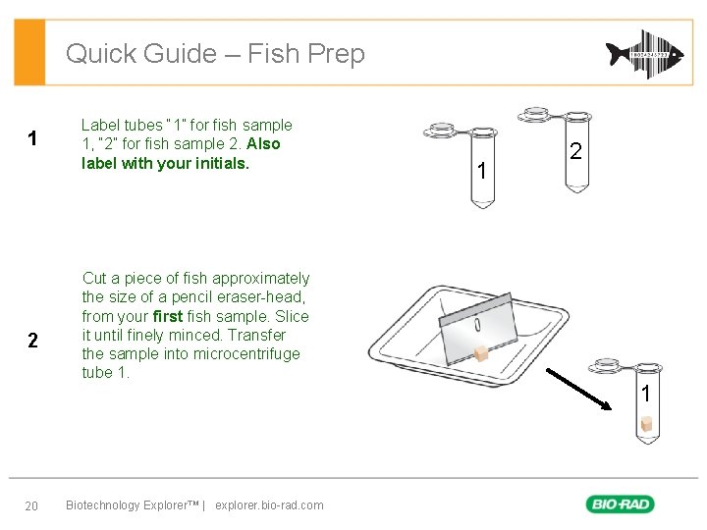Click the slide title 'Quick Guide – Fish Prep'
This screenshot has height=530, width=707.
coord(215,53)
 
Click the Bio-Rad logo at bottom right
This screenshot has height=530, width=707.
coord(620,504)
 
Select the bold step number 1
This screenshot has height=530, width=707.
coord(32,139)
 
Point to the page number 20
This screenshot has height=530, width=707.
coord(30,505)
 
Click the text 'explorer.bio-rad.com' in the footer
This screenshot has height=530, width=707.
coord(269,505)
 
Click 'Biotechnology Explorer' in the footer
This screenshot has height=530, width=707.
coord(131,505)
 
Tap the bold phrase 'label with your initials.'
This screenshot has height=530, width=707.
coord(165,163)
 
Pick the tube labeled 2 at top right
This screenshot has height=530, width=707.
coord(575,157)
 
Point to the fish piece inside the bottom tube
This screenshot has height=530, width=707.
coord(646,424)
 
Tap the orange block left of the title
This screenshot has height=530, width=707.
coord(29,53)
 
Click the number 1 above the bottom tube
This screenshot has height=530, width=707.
coord(645,394)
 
